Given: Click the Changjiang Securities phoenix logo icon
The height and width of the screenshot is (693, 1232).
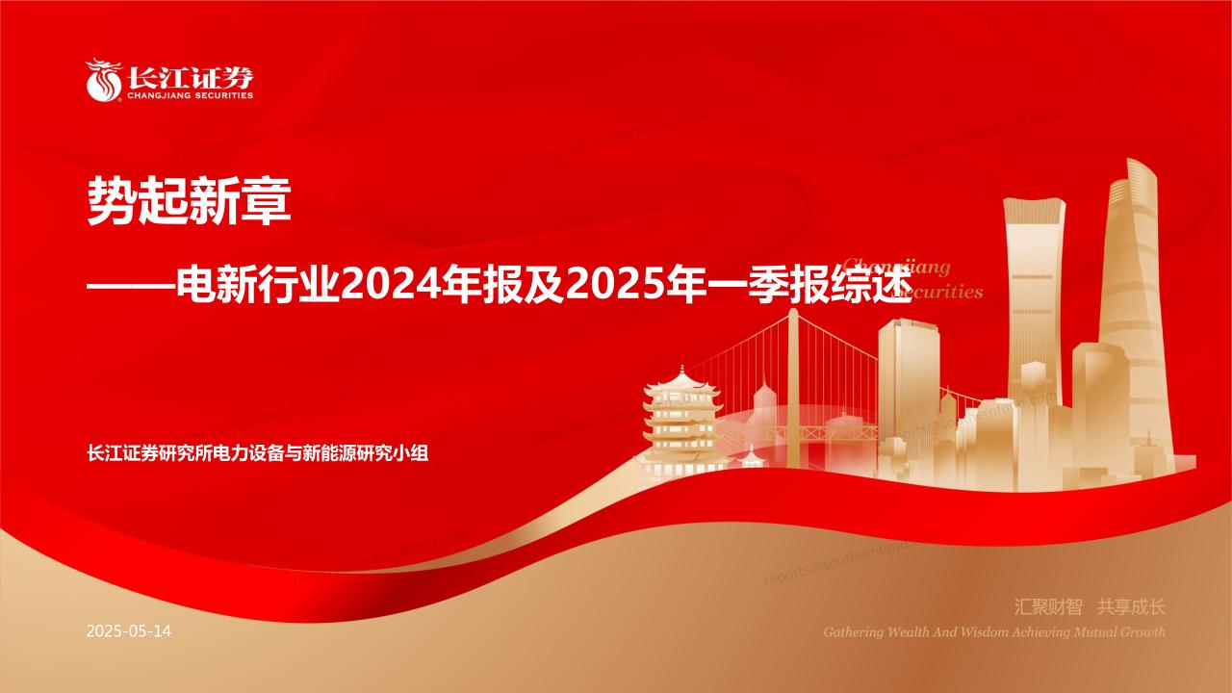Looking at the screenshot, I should coord(100,80).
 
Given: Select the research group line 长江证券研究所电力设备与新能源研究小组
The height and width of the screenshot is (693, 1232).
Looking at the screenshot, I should coord(257,453).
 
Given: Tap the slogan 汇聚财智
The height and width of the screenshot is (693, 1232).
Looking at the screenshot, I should coord(1049,607).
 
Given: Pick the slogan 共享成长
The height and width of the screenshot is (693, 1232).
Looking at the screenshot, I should coord(1132,607).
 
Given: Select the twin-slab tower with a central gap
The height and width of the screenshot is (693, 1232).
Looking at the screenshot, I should coord(1036,289).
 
